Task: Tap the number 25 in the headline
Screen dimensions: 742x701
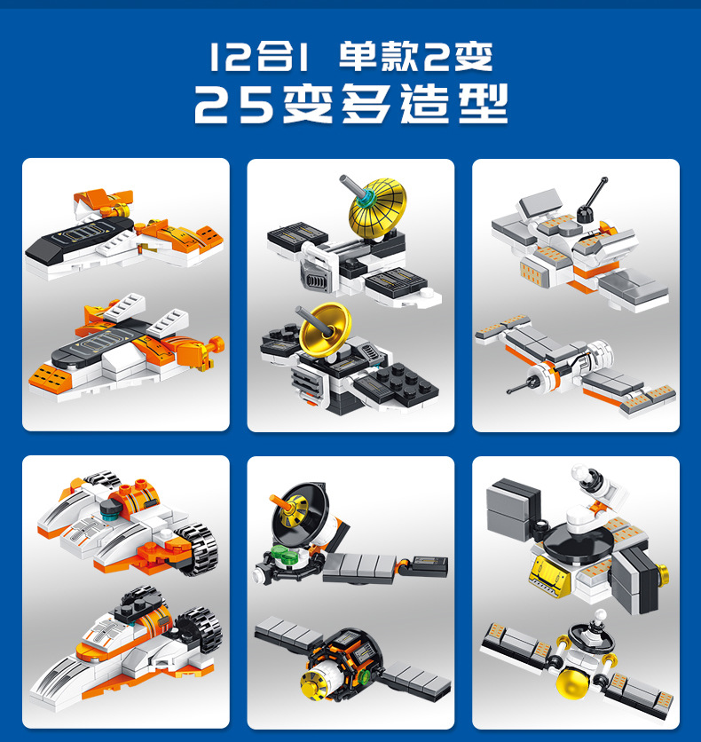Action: tap(233, 105)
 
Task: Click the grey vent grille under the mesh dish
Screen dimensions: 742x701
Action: tap(317, 283)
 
